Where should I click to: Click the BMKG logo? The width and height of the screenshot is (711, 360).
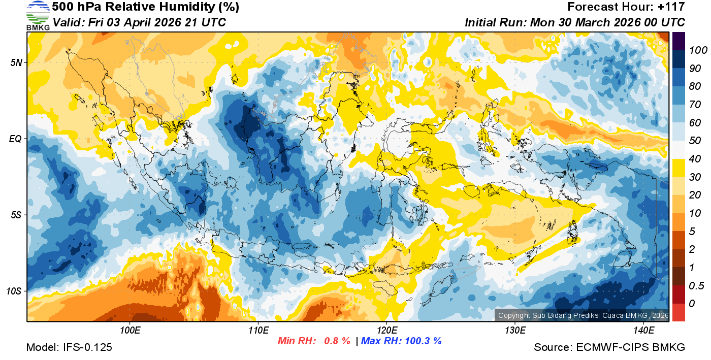(38, 15)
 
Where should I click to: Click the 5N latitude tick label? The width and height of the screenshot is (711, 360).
(15, 62)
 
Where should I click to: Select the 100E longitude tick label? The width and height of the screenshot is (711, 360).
(130, 331)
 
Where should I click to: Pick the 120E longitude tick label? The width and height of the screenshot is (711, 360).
(386, 331)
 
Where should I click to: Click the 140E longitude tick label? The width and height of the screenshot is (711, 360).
(643, 331)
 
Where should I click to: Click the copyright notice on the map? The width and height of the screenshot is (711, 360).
(583, 315)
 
